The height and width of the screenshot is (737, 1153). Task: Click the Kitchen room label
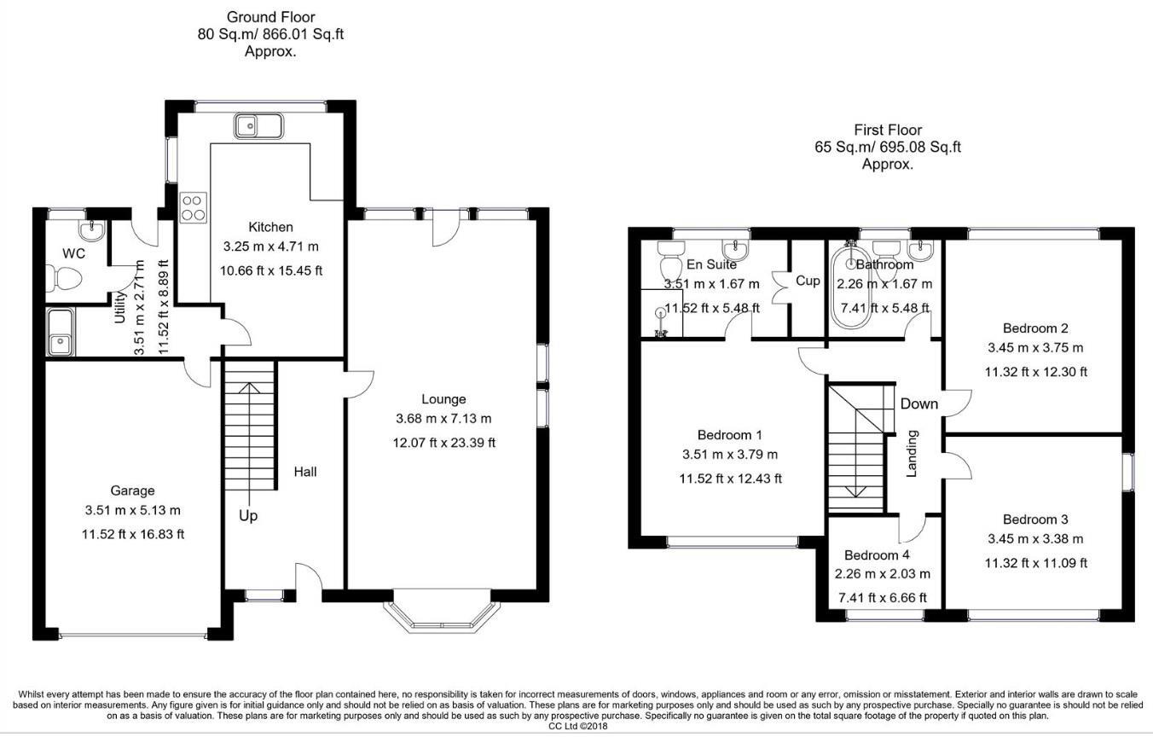[270, 227]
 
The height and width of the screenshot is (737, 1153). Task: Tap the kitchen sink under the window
[259, 125]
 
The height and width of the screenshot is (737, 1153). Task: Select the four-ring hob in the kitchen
[194, 208]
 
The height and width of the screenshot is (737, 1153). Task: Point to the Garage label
[132, 490]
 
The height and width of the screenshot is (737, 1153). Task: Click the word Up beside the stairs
[248, 516]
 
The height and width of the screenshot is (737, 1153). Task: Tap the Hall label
[305, 472]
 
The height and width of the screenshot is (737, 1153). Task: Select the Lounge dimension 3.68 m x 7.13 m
[443, 419]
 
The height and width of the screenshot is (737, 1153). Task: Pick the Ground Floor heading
[270, 17]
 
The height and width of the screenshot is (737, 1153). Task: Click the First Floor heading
[888, 130]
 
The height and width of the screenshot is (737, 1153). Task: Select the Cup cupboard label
[808, 281]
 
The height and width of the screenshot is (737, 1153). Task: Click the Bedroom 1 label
[729, 435]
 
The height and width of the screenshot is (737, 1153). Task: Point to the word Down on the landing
[919, 403]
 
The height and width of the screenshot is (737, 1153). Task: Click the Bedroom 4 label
[877, 555]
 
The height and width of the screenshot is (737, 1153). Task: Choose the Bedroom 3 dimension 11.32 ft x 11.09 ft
[1035, 564]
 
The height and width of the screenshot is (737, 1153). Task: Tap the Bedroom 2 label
[1035, 328]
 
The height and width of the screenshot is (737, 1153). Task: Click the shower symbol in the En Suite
[660, 322]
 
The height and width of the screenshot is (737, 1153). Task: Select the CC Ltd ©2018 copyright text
[578, 727]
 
